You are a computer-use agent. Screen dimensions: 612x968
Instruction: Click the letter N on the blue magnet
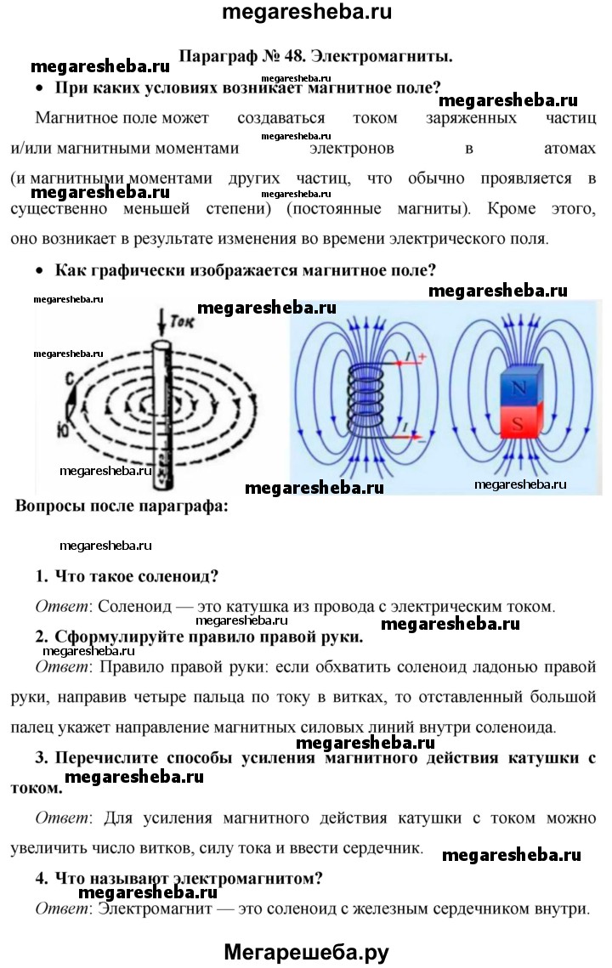[518, 388]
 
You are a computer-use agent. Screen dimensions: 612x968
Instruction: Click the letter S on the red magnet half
[518, 422]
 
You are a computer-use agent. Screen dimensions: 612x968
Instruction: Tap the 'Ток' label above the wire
[182, 322]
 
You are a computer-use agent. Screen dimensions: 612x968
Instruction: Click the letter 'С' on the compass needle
[71, 378]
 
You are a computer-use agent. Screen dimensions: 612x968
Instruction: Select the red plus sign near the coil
[422, 357]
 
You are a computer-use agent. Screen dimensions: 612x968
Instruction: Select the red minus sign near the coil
[422, 442]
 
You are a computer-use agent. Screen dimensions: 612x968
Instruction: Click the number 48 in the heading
[292, 56]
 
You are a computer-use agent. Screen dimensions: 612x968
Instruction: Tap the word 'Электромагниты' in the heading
[381, 56]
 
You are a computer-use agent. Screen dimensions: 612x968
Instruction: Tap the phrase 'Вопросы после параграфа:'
[122, 507]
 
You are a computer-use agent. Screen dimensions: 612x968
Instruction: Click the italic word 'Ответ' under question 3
[62, 818]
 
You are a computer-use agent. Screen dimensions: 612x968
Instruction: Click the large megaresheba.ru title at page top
[306, 12]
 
